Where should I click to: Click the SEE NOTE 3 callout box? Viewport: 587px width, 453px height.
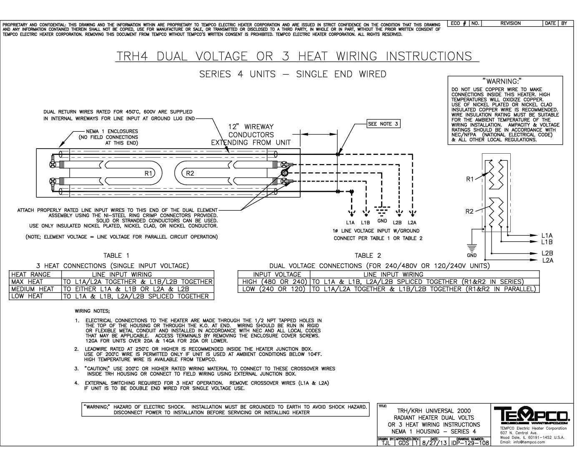[383, 124]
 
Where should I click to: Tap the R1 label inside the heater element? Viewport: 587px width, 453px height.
[148, 173]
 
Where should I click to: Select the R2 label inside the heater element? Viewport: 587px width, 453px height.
[190, 173]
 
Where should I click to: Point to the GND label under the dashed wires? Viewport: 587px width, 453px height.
[382, 221]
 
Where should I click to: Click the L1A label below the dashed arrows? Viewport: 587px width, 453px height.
[350, 223]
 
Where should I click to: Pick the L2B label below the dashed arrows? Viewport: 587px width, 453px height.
[397, 223]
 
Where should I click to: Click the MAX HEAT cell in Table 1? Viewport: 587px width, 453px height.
[27, 282]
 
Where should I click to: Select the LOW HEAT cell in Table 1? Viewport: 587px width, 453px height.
[27, 296]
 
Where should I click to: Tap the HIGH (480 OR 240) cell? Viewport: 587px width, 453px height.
[274, 282]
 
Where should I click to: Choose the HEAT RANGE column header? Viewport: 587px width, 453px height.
[31, 275]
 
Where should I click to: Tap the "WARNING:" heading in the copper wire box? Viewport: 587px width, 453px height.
[502, 81]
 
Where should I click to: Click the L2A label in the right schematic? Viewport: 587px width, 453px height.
[547, 260]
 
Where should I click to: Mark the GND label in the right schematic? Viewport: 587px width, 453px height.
[472, 255]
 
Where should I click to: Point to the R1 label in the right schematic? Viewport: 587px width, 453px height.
[470, 179]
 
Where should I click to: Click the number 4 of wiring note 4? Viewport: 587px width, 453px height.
[76, 383]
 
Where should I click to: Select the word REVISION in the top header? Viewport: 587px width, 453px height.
[510, 23]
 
